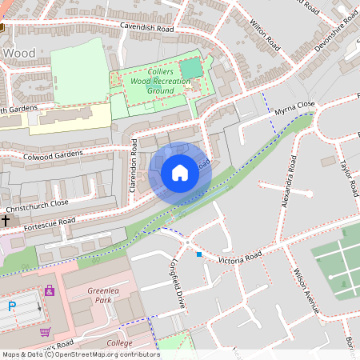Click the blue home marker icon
[x=180, y=173]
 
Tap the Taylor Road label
[x=348, y=177]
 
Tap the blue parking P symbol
[x=11, y=305]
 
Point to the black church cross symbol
[x=6, y=219]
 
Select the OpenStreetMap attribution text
[x=80, y=354]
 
